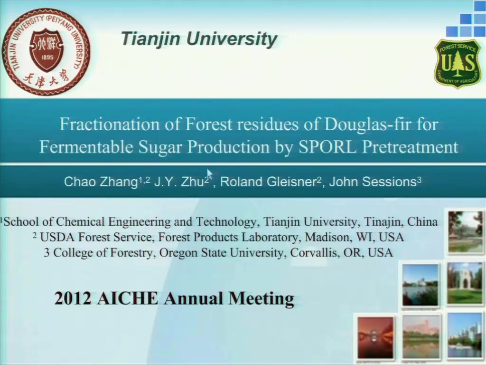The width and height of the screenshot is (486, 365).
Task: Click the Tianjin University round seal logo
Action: point(46,52)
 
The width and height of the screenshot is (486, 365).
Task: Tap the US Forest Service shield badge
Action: point(458,63)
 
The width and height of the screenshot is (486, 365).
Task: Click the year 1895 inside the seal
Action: point(47,58)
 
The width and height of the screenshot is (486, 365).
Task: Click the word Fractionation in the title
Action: point(110,124)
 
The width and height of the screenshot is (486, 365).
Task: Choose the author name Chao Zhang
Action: point(101,182)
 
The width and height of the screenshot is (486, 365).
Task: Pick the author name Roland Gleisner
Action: point(268,182)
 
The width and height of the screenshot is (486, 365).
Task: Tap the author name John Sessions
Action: point(373,182)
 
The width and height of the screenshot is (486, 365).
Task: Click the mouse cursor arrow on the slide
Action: point(209,173)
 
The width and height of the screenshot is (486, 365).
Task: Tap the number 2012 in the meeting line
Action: point(73,298)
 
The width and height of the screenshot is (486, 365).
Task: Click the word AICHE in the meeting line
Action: point(127,298)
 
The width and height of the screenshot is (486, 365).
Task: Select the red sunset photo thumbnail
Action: point(375,337)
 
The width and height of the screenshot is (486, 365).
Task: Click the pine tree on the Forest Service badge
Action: point(458,64)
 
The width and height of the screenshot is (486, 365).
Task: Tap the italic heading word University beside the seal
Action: point(232,39)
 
